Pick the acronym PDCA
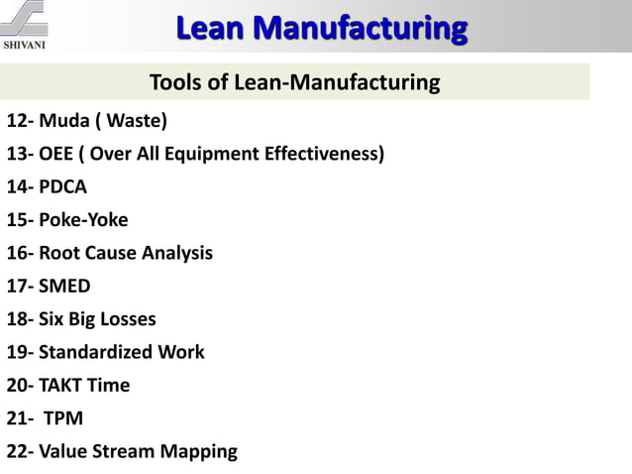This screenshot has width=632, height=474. point(64,187)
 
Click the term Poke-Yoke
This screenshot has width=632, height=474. point(83,220)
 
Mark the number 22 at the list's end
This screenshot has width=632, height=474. point(17,452)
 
